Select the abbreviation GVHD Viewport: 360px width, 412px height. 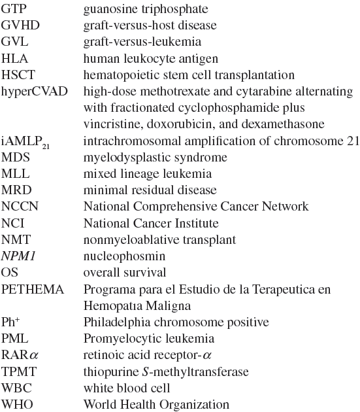click(18, 26)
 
